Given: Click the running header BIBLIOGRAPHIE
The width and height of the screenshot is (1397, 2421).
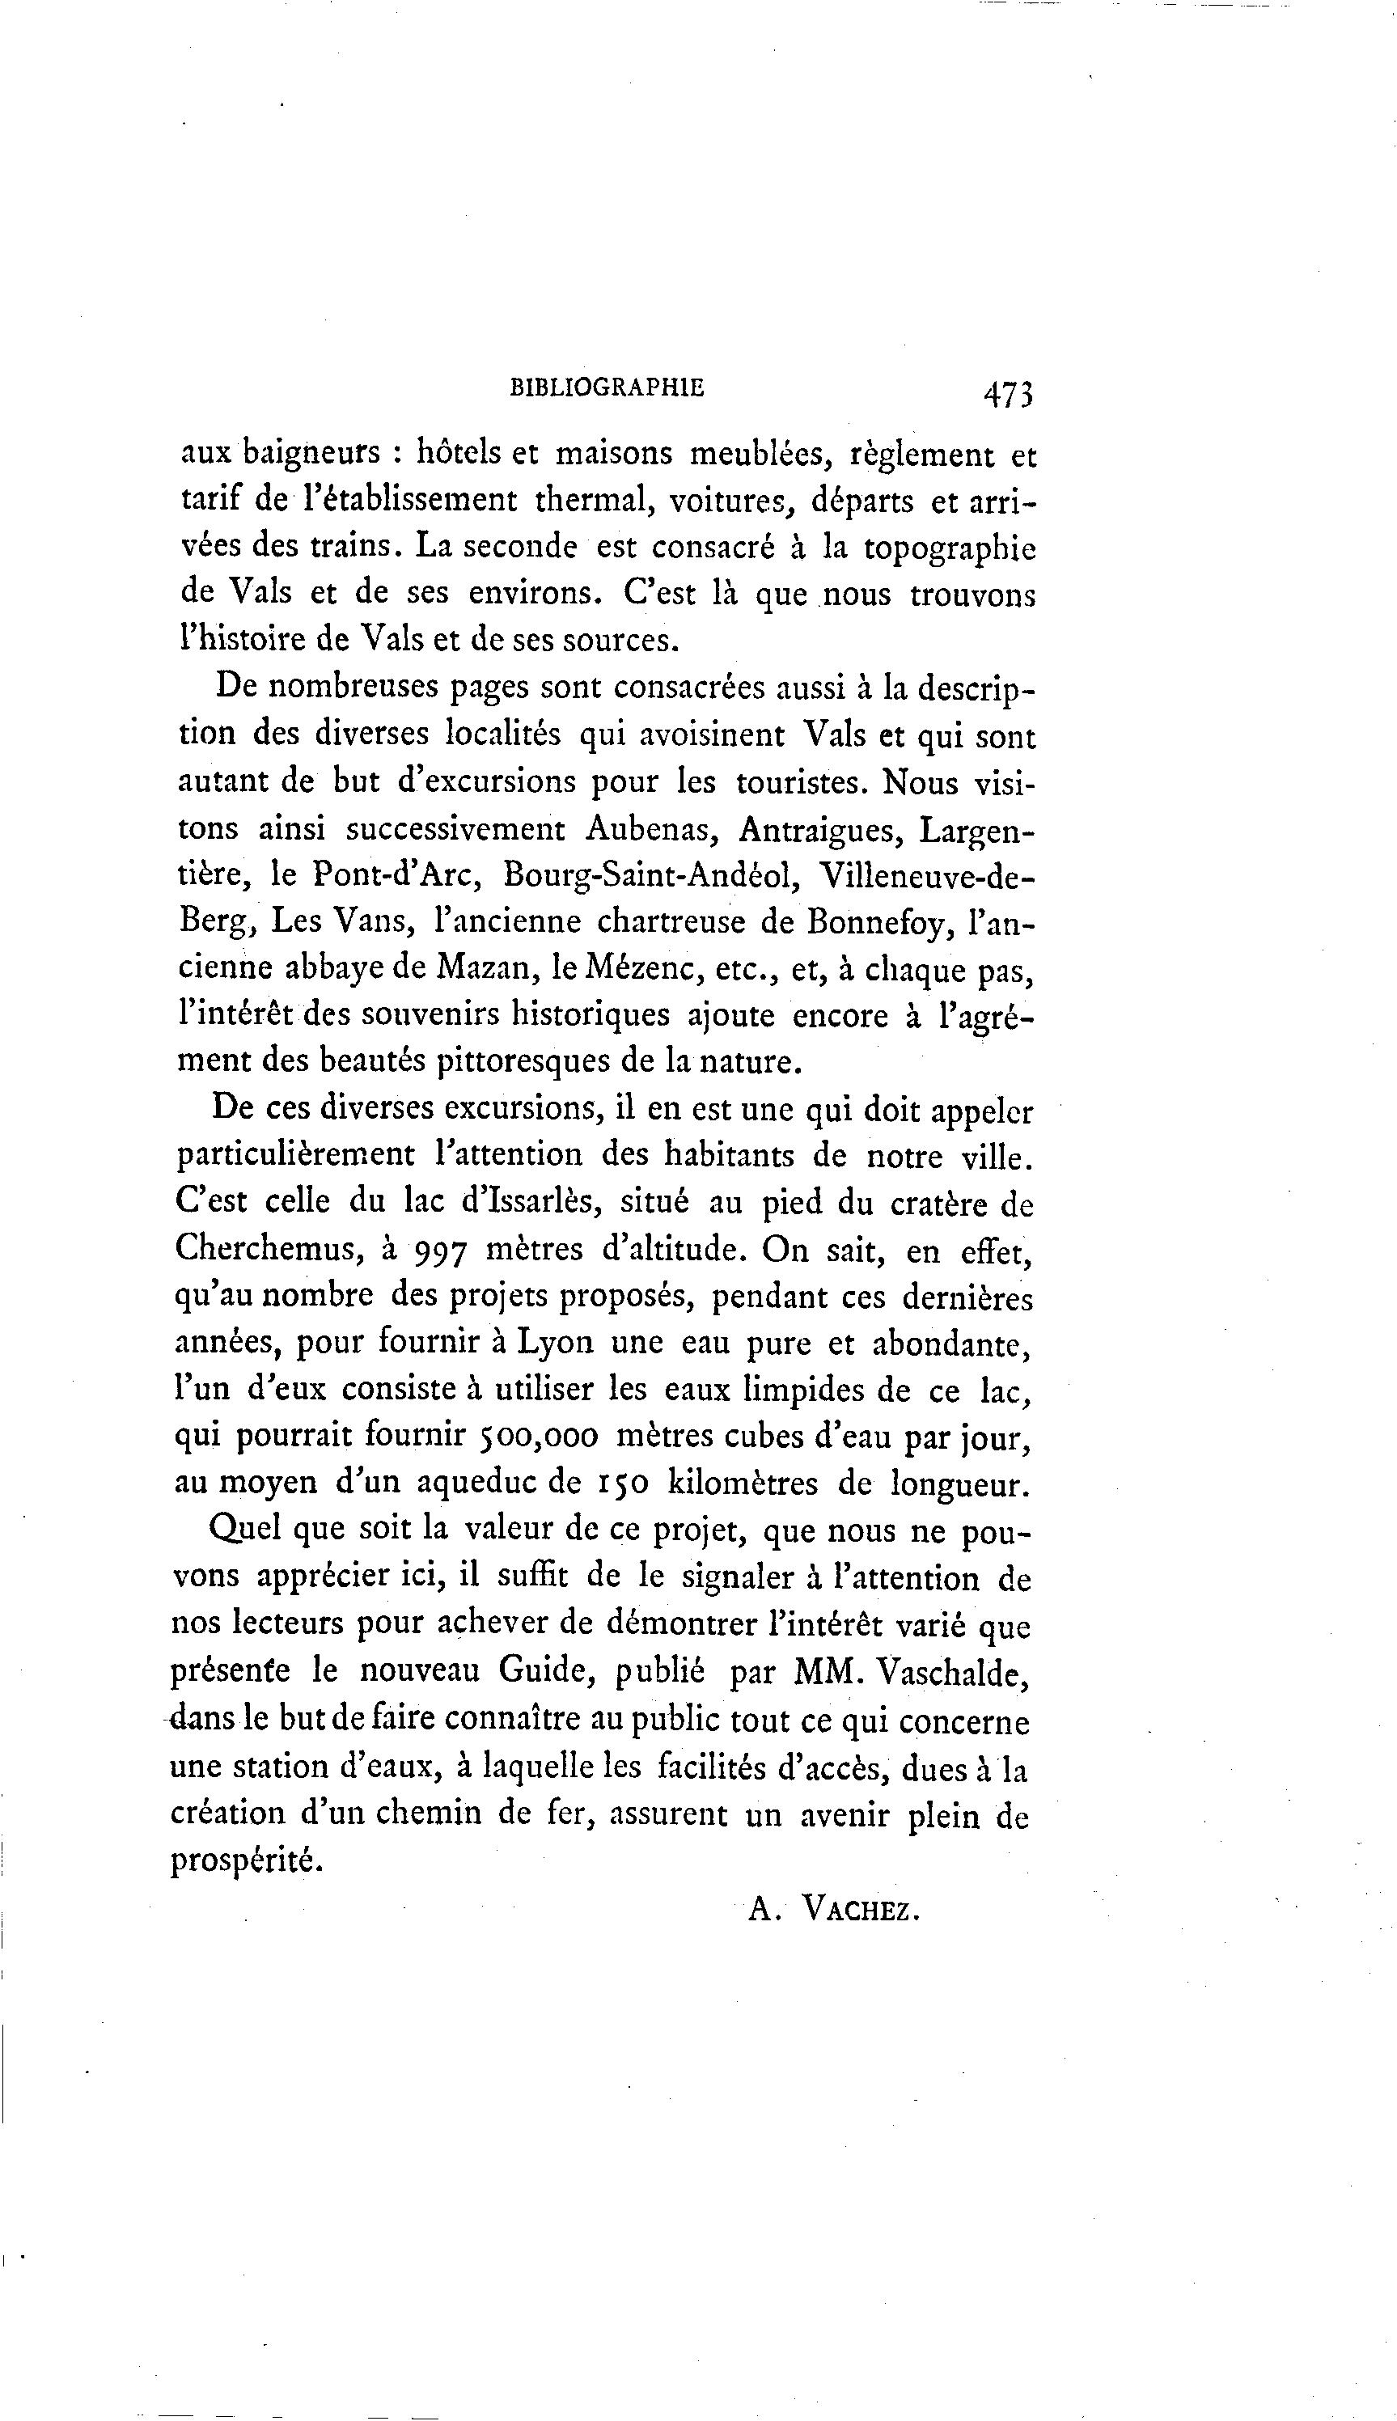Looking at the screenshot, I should coord(607,387).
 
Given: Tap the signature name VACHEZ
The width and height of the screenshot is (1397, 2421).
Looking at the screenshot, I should coord(861,1909).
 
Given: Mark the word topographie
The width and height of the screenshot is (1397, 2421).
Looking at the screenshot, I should coord(950,549).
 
